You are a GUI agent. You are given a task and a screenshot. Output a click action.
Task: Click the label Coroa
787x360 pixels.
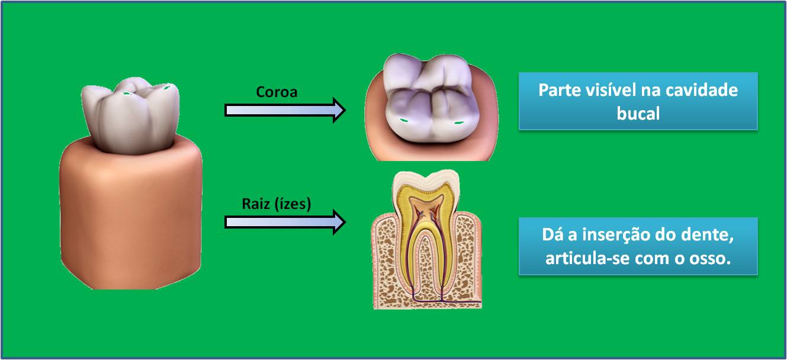(277, 93)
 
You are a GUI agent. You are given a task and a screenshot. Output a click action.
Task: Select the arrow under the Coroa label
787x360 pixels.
(285, 110)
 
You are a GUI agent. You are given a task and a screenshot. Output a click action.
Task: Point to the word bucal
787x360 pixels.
(638, 114)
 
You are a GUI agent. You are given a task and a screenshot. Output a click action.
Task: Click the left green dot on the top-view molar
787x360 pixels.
(404, 121)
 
